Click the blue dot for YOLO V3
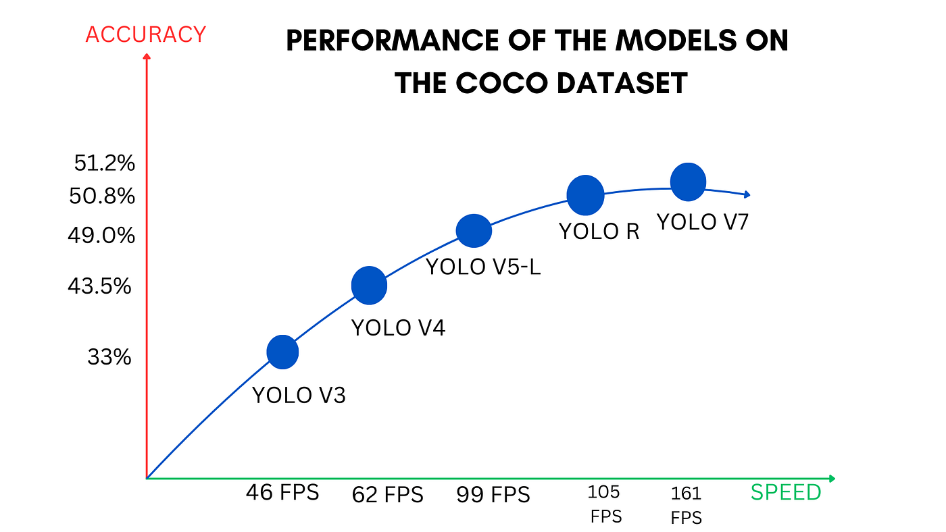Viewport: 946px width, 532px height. tap(282, 352)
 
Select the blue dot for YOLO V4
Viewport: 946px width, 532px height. tap(369, 285)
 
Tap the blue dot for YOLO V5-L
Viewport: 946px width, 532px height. tap(474, 231)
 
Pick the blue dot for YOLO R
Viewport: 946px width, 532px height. tap(584, 195)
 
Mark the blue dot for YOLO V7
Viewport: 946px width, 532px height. tap(688, 182)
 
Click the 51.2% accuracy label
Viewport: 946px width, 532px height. tap(105, 163)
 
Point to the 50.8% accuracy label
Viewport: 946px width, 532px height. tap(102, 196)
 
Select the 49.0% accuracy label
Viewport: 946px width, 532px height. tap(101, 236)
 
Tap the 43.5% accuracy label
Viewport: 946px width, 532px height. tap(99, 286)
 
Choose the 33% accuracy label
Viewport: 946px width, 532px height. tap(109, 357)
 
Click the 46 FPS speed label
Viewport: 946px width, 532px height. tap(282, 492)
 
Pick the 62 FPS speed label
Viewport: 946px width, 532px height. tap(387, 495)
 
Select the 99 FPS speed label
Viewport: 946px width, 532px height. tap(494, 495)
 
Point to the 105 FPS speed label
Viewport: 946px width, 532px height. tap(605, 504)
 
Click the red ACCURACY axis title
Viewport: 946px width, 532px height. tap(145, 34)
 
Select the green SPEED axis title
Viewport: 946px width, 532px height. tap(786, 492)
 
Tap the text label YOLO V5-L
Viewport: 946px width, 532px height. tap(484, 267)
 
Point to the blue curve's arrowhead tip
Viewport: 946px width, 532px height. tap(749, 194)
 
